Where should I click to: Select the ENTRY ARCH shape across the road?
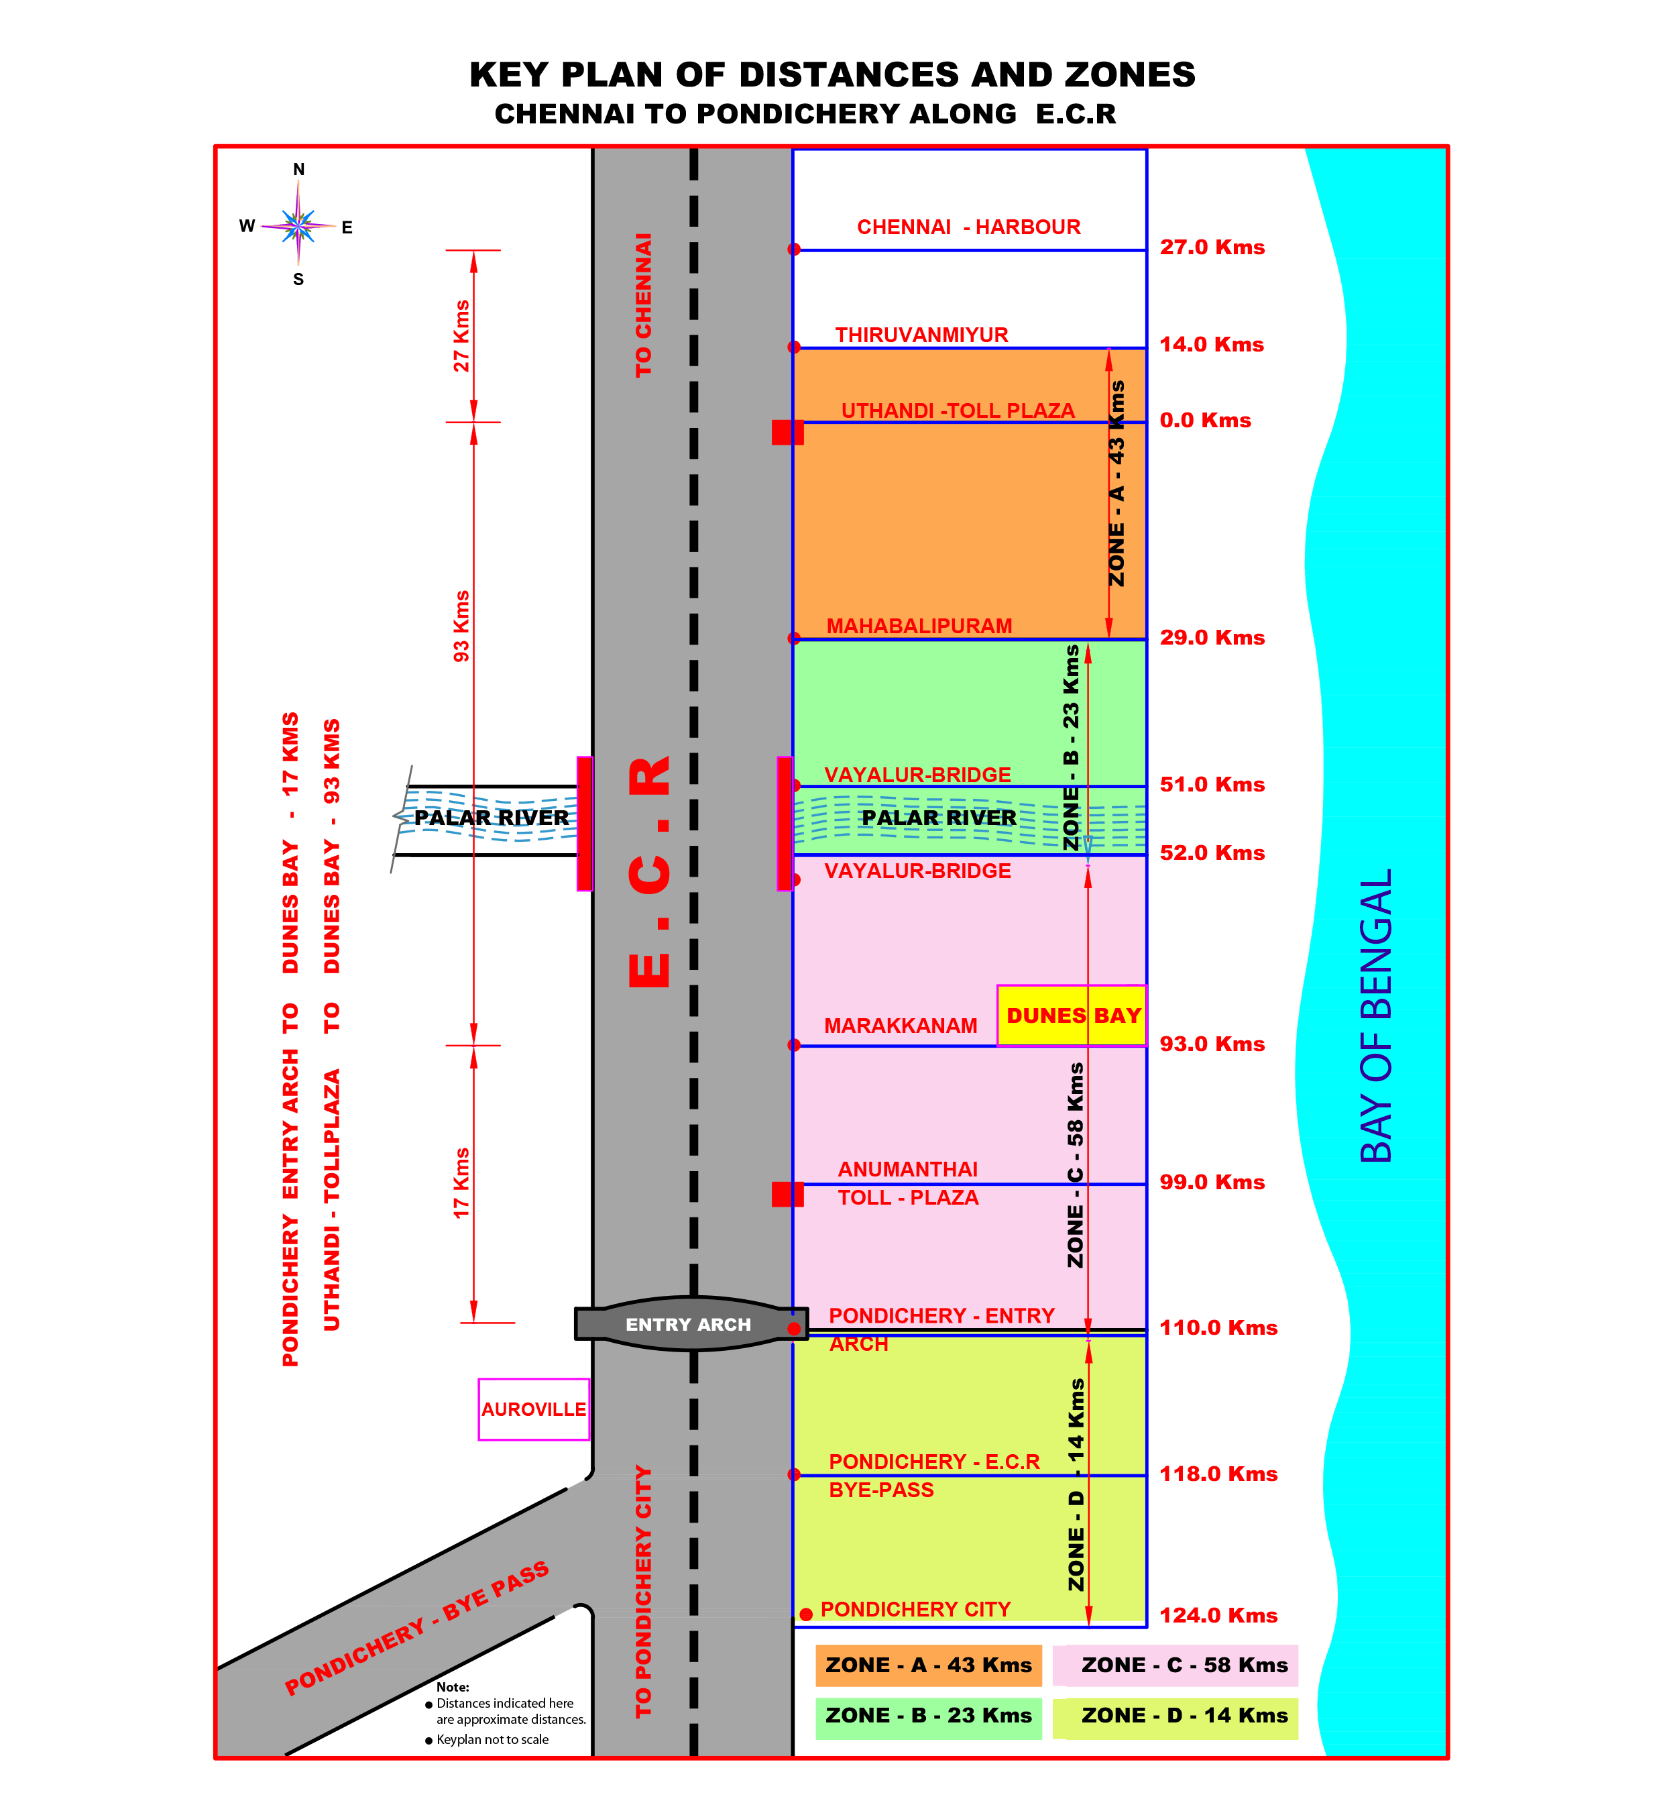[x=690, y=1324]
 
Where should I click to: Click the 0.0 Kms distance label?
[x=1205, y=421]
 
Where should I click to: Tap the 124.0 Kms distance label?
[x=1218, y=1616]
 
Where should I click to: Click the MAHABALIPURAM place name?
[x=919, y=626]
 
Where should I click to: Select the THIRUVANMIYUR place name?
[x=921, y=335]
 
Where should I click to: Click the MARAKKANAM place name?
[x=900, y=1026]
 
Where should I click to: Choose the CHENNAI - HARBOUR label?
[x=968, y=227]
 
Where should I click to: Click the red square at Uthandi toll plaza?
[x=787, y=432]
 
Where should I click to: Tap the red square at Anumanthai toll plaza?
[x=787, y=1195]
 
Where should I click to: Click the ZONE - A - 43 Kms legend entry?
[x=929, y=1665]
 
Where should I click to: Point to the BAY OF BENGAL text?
[x=1376, y=1016]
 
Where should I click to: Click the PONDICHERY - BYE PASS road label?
[x=416, y=1629]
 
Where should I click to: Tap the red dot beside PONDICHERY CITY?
[x=806, y=1614]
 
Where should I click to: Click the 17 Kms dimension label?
[x=461, y=1184]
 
